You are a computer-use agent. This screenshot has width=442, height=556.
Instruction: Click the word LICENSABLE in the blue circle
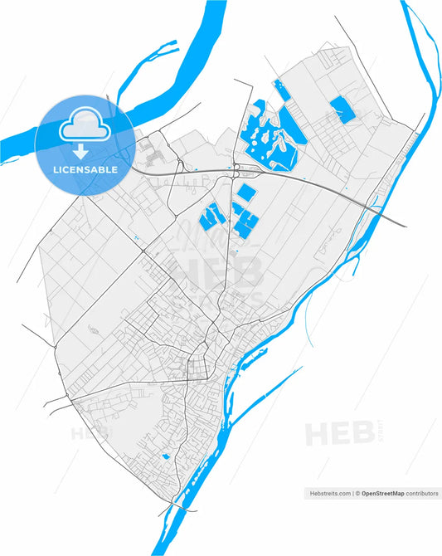(x=85, y=169)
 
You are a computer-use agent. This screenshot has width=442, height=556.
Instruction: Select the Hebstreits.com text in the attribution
(x=328, y=493)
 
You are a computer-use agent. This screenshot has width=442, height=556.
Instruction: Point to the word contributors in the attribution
(x=422, y=493)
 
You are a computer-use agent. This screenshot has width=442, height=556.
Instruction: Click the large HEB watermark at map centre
(x=216, y=271)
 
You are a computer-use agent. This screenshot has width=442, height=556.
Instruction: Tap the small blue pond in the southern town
(x=164, y=456)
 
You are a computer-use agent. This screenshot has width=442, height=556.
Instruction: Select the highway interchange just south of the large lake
(x=237, y=172)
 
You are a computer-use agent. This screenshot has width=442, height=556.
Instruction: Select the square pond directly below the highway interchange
(x=245, y=193)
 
